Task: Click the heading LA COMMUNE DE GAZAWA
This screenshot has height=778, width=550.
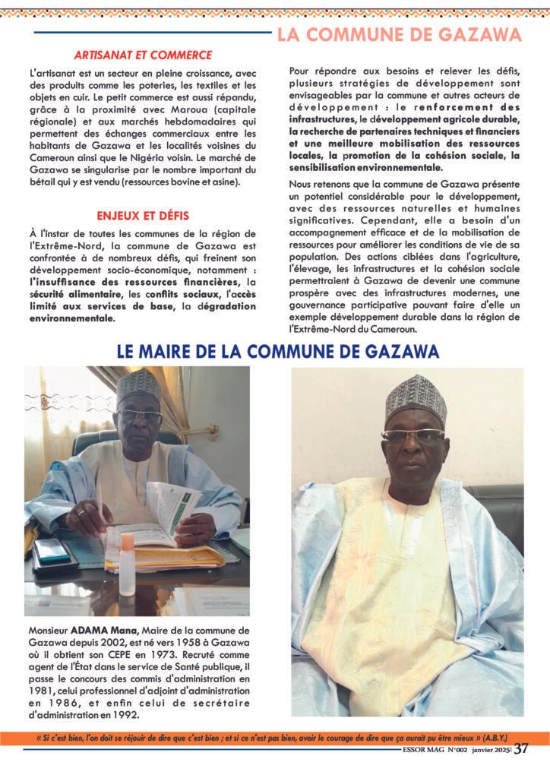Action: point(399,35)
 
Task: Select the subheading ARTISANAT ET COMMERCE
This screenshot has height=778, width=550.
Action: point(143,55)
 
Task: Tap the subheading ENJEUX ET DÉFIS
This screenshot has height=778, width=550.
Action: point(143,215)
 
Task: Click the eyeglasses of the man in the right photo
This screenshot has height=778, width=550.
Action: point(412,436)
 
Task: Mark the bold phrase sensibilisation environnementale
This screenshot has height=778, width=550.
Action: point(366,167)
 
